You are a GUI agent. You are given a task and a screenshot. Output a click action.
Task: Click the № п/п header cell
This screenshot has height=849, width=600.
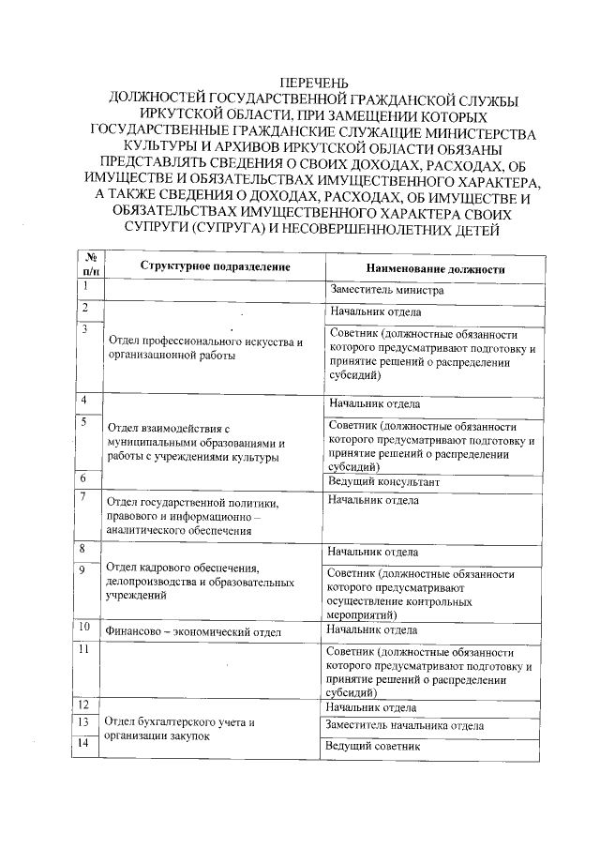(92, 264)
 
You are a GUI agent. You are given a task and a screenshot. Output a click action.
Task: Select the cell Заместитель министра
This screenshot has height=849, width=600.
(386, 290)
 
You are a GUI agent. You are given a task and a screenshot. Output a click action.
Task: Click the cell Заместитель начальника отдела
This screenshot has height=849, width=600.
(405, 725)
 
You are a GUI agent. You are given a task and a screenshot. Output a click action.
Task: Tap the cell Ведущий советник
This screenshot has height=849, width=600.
(371, 746)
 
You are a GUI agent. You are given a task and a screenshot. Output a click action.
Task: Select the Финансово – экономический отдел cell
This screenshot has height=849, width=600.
(193, 632)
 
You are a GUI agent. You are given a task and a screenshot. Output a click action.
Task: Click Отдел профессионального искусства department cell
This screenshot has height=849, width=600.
(205, 349)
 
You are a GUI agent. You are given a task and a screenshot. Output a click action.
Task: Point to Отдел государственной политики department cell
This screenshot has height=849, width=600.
(198, 516)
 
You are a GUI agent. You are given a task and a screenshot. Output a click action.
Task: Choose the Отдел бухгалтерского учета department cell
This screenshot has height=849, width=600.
(180, 729)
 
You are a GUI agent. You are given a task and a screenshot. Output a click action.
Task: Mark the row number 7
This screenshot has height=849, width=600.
(84, 496)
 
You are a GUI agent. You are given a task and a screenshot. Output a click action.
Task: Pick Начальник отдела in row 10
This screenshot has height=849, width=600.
(373, 629)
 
